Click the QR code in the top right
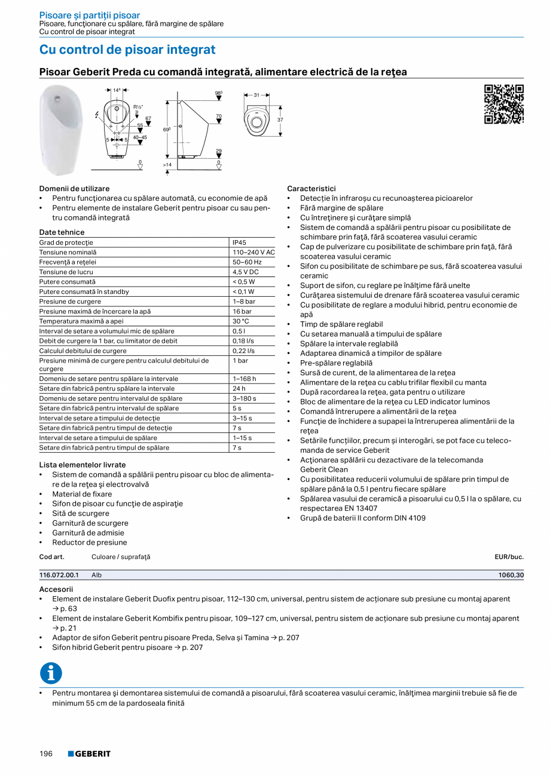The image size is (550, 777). coord(503,105)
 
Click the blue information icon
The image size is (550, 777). coord(51,673)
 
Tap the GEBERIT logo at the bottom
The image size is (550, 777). coord(89,754)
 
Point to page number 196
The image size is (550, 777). coord(46,754)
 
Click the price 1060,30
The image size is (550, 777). coord(511,575)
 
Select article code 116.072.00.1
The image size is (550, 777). coord(59,575)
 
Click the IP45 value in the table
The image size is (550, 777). coord(239,242)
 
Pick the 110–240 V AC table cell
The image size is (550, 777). coord(253,253)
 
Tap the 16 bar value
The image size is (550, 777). coord(242,311)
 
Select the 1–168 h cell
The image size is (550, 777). coord(245,379)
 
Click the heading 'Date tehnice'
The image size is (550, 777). coord(62,232)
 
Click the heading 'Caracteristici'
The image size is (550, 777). coord(311,188)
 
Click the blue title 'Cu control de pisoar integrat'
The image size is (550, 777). coord(127,50)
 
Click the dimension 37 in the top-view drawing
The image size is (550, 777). coord(280,120)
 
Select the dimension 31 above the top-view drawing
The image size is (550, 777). coord(256,95)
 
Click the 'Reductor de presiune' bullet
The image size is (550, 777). coord(90,542)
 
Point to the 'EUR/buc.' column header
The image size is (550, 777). coord(509,557)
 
